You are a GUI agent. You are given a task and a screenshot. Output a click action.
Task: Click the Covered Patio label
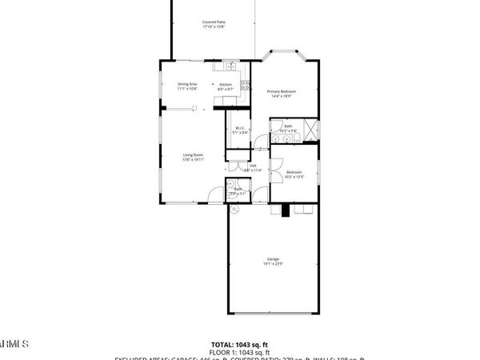(x=212, y=22)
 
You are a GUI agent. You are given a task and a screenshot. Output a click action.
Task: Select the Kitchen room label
(x=226, y=84)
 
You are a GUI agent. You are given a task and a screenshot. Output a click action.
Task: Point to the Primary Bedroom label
(x=282, y=91)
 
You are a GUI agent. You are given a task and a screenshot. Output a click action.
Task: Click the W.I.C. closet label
(x=239, y=129)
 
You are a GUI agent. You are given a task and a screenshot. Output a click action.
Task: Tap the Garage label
(x=273, y=259)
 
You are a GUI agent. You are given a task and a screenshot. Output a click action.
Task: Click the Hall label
(x=253, y=166)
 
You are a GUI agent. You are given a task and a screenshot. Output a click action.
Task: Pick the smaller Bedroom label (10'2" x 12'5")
(x=294, y=172)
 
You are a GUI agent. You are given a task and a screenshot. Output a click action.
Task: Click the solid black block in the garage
(x=286, y=210)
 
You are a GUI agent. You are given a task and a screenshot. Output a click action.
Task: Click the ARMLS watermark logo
(x=14, y=344)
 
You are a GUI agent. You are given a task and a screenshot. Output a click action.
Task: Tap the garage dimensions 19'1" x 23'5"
(x=273, y=264)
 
